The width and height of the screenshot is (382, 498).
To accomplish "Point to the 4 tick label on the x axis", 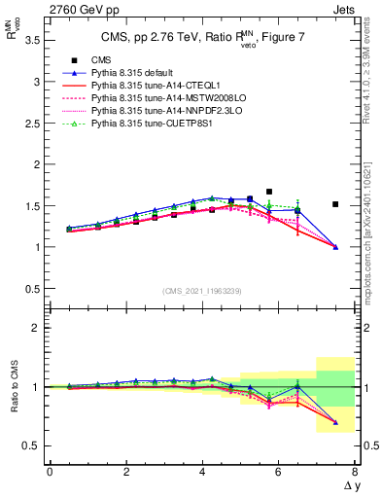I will tap(201, 472).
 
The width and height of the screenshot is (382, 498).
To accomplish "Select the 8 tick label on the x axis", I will tap(355, 472).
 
